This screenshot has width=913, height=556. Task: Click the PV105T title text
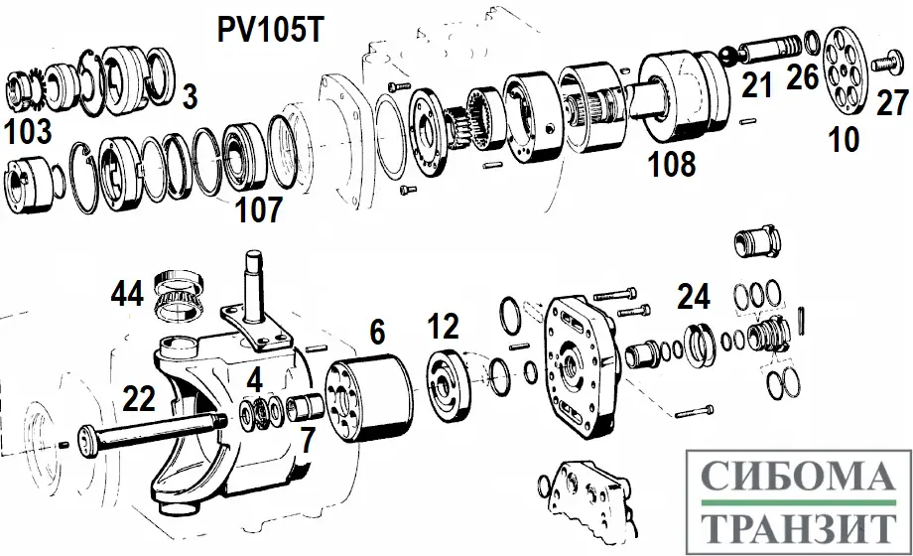(270, 29)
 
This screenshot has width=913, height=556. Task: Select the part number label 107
(259, 209)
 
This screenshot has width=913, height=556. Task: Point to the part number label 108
(673, 164)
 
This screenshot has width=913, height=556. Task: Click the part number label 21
(757, 88)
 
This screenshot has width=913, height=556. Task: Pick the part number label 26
(802, 77)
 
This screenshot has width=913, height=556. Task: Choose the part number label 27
(890, 103)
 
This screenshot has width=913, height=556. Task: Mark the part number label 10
(844, 140)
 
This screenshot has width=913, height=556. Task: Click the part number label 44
(127, 294)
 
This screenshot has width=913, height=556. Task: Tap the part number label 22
(138, 399)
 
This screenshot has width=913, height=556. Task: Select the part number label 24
(695, 296)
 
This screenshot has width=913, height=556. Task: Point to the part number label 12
(444, 326)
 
